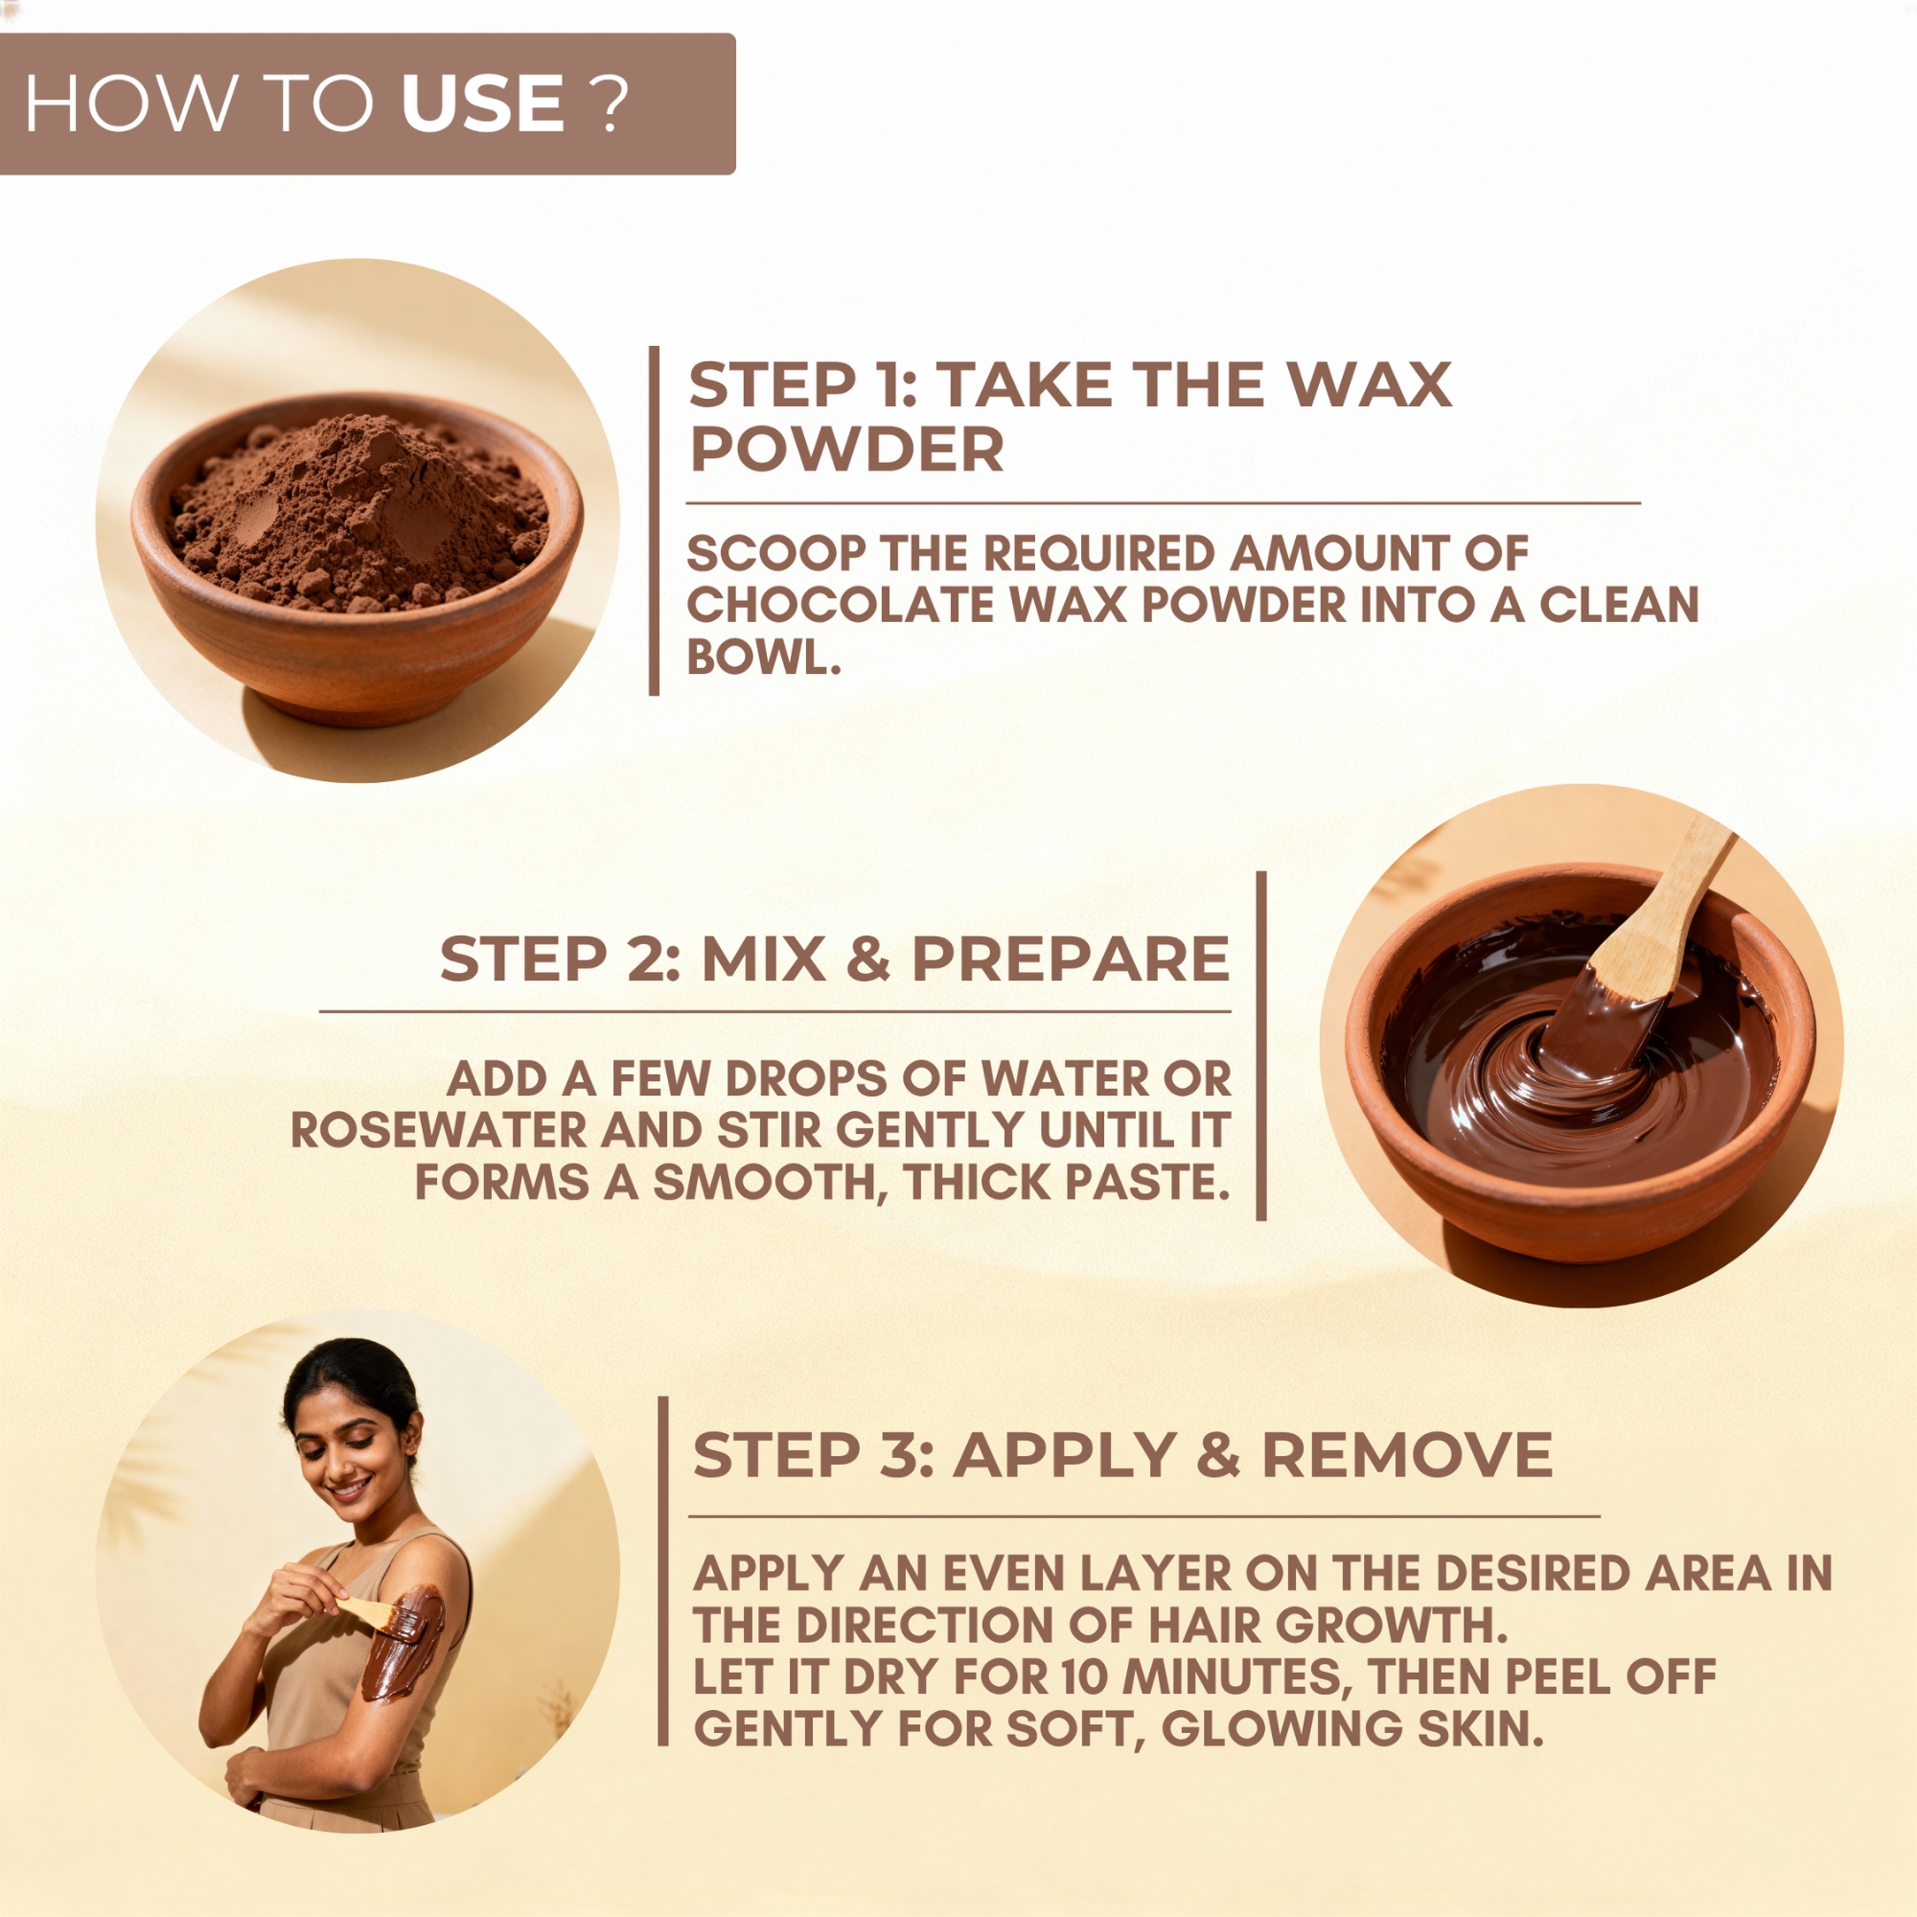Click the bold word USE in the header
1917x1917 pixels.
click(483, 104)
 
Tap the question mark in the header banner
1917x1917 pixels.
click(612, 104)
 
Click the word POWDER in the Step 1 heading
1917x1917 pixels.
click(846, 450)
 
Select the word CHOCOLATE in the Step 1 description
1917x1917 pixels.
click(841, 605)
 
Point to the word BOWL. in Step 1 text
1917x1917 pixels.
click(763, 657)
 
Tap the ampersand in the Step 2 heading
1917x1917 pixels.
click(869, 958)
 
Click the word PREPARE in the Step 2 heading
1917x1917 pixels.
click(1071, 958)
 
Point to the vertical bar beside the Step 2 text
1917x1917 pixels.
click(1261, 1046)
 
